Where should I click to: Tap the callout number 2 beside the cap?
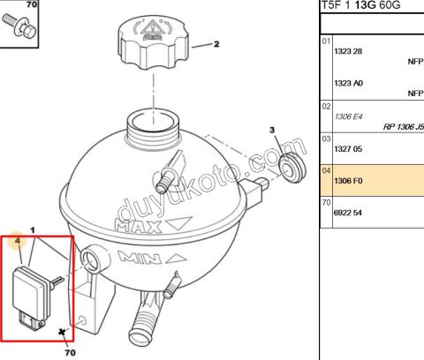click(x=216, y=44)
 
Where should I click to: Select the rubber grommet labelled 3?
click(x=291, y=169)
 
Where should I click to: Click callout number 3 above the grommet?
click(x=272, y=130)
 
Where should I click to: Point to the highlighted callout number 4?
click(x=18, y=241)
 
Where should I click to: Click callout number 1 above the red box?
click(x=33, y=230)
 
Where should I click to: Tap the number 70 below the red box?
click(x=70, y=352)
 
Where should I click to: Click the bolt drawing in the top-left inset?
click(x=19, y=26)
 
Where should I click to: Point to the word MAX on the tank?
click(x=139, y=227)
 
